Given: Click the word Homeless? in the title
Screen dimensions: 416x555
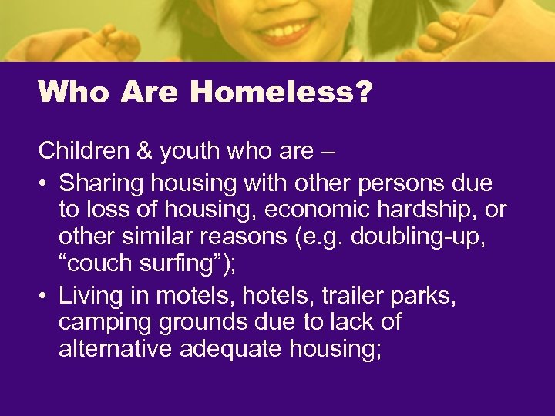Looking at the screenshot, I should click(281, 92).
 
